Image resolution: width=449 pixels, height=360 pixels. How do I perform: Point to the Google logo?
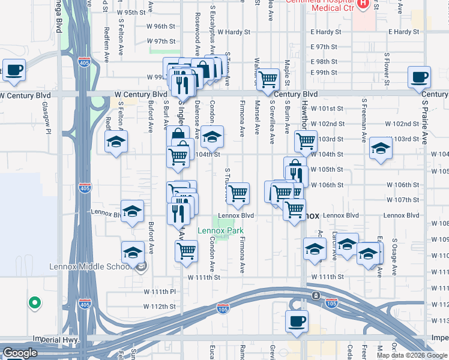(20, 353)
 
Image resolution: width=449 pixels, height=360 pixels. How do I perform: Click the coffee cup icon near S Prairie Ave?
(420, 77)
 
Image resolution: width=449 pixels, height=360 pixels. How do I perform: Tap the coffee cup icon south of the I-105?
(297, 321)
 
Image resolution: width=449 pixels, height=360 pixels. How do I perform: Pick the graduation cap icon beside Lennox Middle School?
(133, 251)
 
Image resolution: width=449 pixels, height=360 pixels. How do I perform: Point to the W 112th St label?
(159, 307)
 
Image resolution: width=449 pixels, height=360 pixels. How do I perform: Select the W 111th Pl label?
(159, 291)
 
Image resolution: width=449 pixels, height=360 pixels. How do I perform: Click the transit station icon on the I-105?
(316, 296)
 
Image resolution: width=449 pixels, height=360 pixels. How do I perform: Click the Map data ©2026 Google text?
(411, 355)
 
